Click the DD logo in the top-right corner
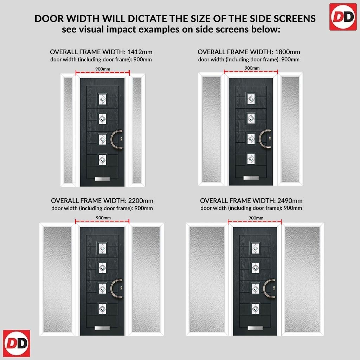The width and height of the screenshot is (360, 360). [343, 17]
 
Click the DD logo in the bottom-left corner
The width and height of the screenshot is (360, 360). [17, 343]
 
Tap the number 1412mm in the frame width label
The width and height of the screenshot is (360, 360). [140, 52]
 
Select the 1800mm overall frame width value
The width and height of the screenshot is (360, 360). [288, 52]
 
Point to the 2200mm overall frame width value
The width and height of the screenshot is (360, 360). [141, 201]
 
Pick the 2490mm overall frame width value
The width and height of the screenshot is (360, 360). [290, 201]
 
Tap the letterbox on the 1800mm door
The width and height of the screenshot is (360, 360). [251, 178]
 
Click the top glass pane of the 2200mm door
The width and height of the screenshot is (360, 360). [102, 249]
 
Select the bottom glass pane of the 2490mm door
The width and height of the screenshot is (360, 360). [255, 309]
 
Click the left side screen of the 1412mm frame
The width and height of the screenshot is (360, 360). [68, 130]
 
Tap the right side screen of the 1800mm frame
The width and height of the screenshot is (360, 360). [290, 129]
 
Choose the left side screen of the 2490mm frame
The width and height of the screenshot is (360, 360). [207, 279]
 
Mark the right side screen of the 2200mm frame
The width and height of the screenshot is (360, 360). [146, 279]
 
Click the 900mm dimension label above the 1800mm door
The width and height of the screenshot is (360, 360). [252, 68]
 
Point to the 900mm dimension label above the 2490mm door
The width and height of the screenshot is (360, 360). [256, 218]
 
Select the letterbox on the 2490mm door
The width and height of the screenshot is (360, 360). [255, 328]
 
